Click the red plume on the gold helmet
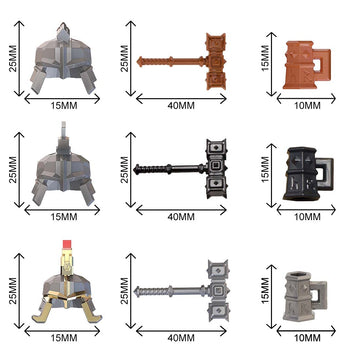pos(68,244)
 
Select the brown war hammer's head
pos(216,61)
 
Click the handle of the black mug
pos(324,173)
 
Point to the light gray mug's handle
pos(319,295)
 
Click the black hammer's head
pos(216,168)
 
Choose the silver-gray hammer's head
pos(218,290)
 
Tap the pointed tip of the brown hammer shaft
pos(138,61)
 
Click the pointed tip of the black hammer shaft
pos(134,169)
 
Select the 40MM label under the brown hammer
pos(181,106)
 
